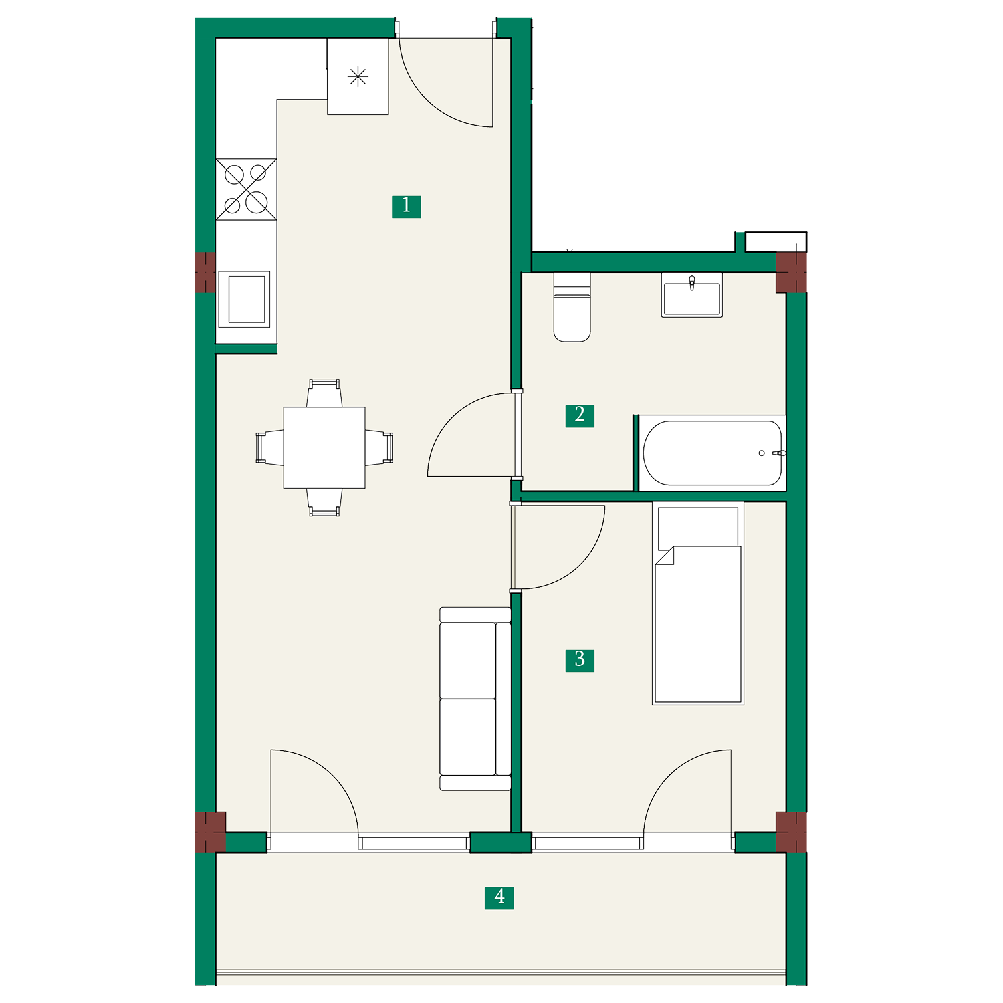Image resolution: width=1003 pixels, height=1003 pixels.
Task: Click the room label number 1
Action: (406, 206)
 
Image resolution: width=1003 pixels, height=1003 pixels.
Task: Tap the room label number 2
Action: (580, 415)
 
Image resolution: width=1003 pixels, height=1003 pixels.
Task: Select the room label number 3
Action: (580, 660)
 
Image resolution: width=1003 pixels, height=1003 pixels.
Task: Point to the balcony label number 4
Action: (499, 897)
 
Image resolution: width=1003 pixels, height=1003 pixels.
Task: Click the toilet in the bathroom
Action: (572, 307)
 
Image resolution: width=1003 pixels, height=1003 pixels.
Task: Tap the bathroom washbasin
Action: (692, 295)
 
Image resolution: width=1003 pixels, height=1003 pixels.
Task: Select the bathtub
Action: (712, 453)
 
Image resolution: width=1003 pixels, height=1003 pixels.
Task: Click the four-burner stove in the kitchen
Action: (246, 189)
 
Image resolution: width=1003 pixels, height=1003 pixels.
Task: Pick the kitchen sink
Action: (244, 299)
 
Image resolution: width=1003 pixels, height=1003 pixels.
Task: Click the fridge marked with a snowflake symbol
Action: (358, 76)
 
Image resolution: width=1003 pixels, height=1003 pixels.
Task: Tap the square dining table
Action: (324, 447)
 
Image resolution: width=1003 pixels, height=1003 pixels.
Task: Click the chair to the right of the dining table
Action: (379, 447)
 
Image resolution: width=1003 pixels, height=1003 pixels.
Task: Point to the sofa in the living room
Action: (475, 699)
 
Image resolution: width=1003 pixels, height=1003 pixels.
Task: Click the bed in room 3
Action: (698, 603)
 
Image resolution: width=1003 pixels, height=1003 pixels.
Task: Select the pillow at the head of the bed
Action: (698, 528)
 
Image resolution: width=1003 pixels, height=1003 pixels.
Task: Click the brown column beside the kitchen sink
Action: (206, 273)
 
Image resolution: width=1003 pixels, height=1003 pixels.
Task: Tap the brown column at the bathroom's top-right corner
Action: (791, 272)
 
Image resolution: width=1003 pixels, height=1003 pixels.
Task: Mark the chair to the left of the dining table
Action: (269, 447)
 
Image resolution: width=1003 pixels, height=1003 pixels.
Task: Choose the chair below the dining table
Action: (324, 502)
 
